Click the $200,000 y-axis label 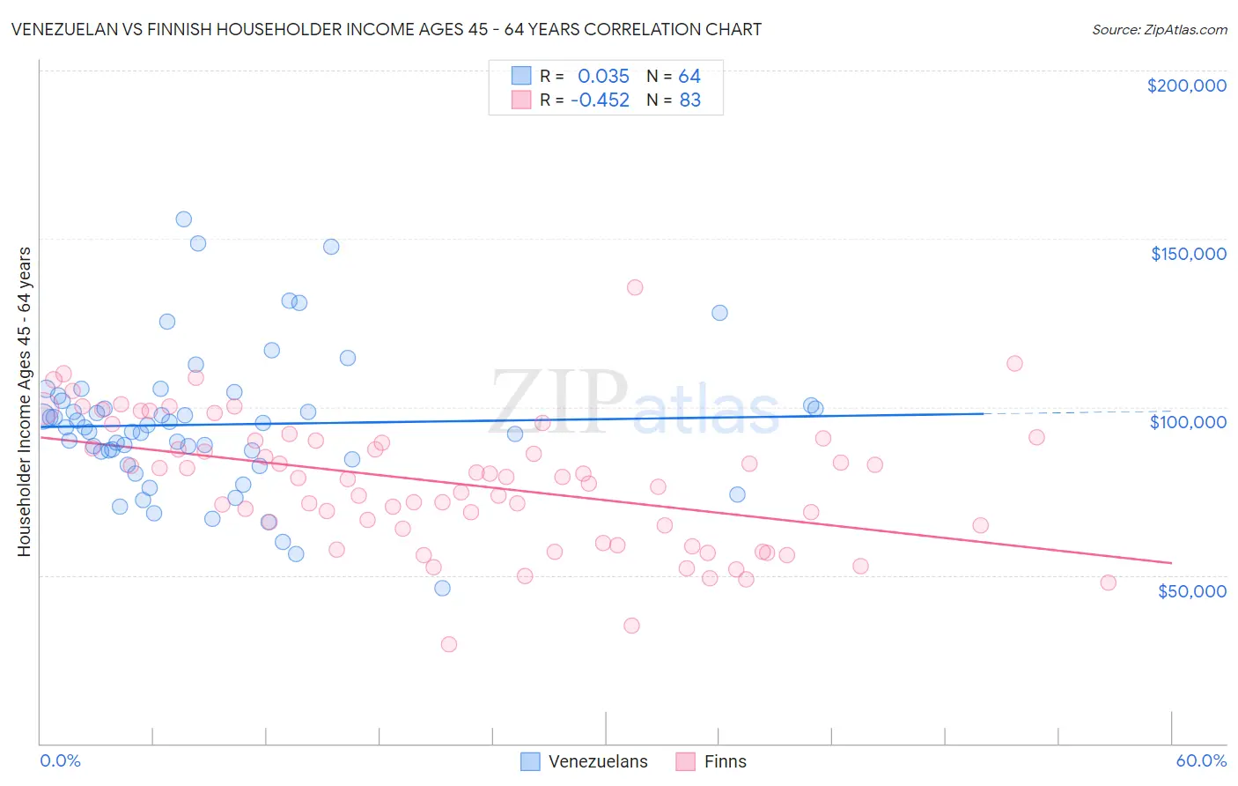click(x=1186, y=85)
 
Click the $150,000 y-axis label click(x=1188, y=254)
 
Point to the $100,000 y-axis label click(x=1188, y=422)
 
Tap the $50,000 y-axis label click(x=1191, y=590)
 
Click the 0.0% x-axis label click(x=60, y=760)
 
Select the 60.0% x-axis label click(x=1201, y=760)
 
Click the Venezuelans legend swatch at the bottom click(x=530, y=761)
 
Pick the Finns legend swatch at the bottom click(x=686, y=761)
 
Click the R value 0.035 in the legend click(x=603, y=76)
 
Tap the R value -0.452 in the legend click(x=600, y=100)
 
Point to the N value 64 click(x=689, y=76)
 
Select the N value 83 click(x=690, y=100)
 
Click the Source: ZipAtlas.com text click(x=1159, y=29)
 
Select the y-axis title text click(x=24, y=401)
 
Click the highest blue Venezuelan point click(x=184, y=219)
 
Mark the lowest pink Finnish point click(x=449, y=644)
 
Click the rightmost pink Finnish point click(x=1109, y=582)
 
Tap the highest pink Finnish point click(x=635, y=287)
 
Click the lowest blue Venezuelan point click(x=443, y=588)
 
